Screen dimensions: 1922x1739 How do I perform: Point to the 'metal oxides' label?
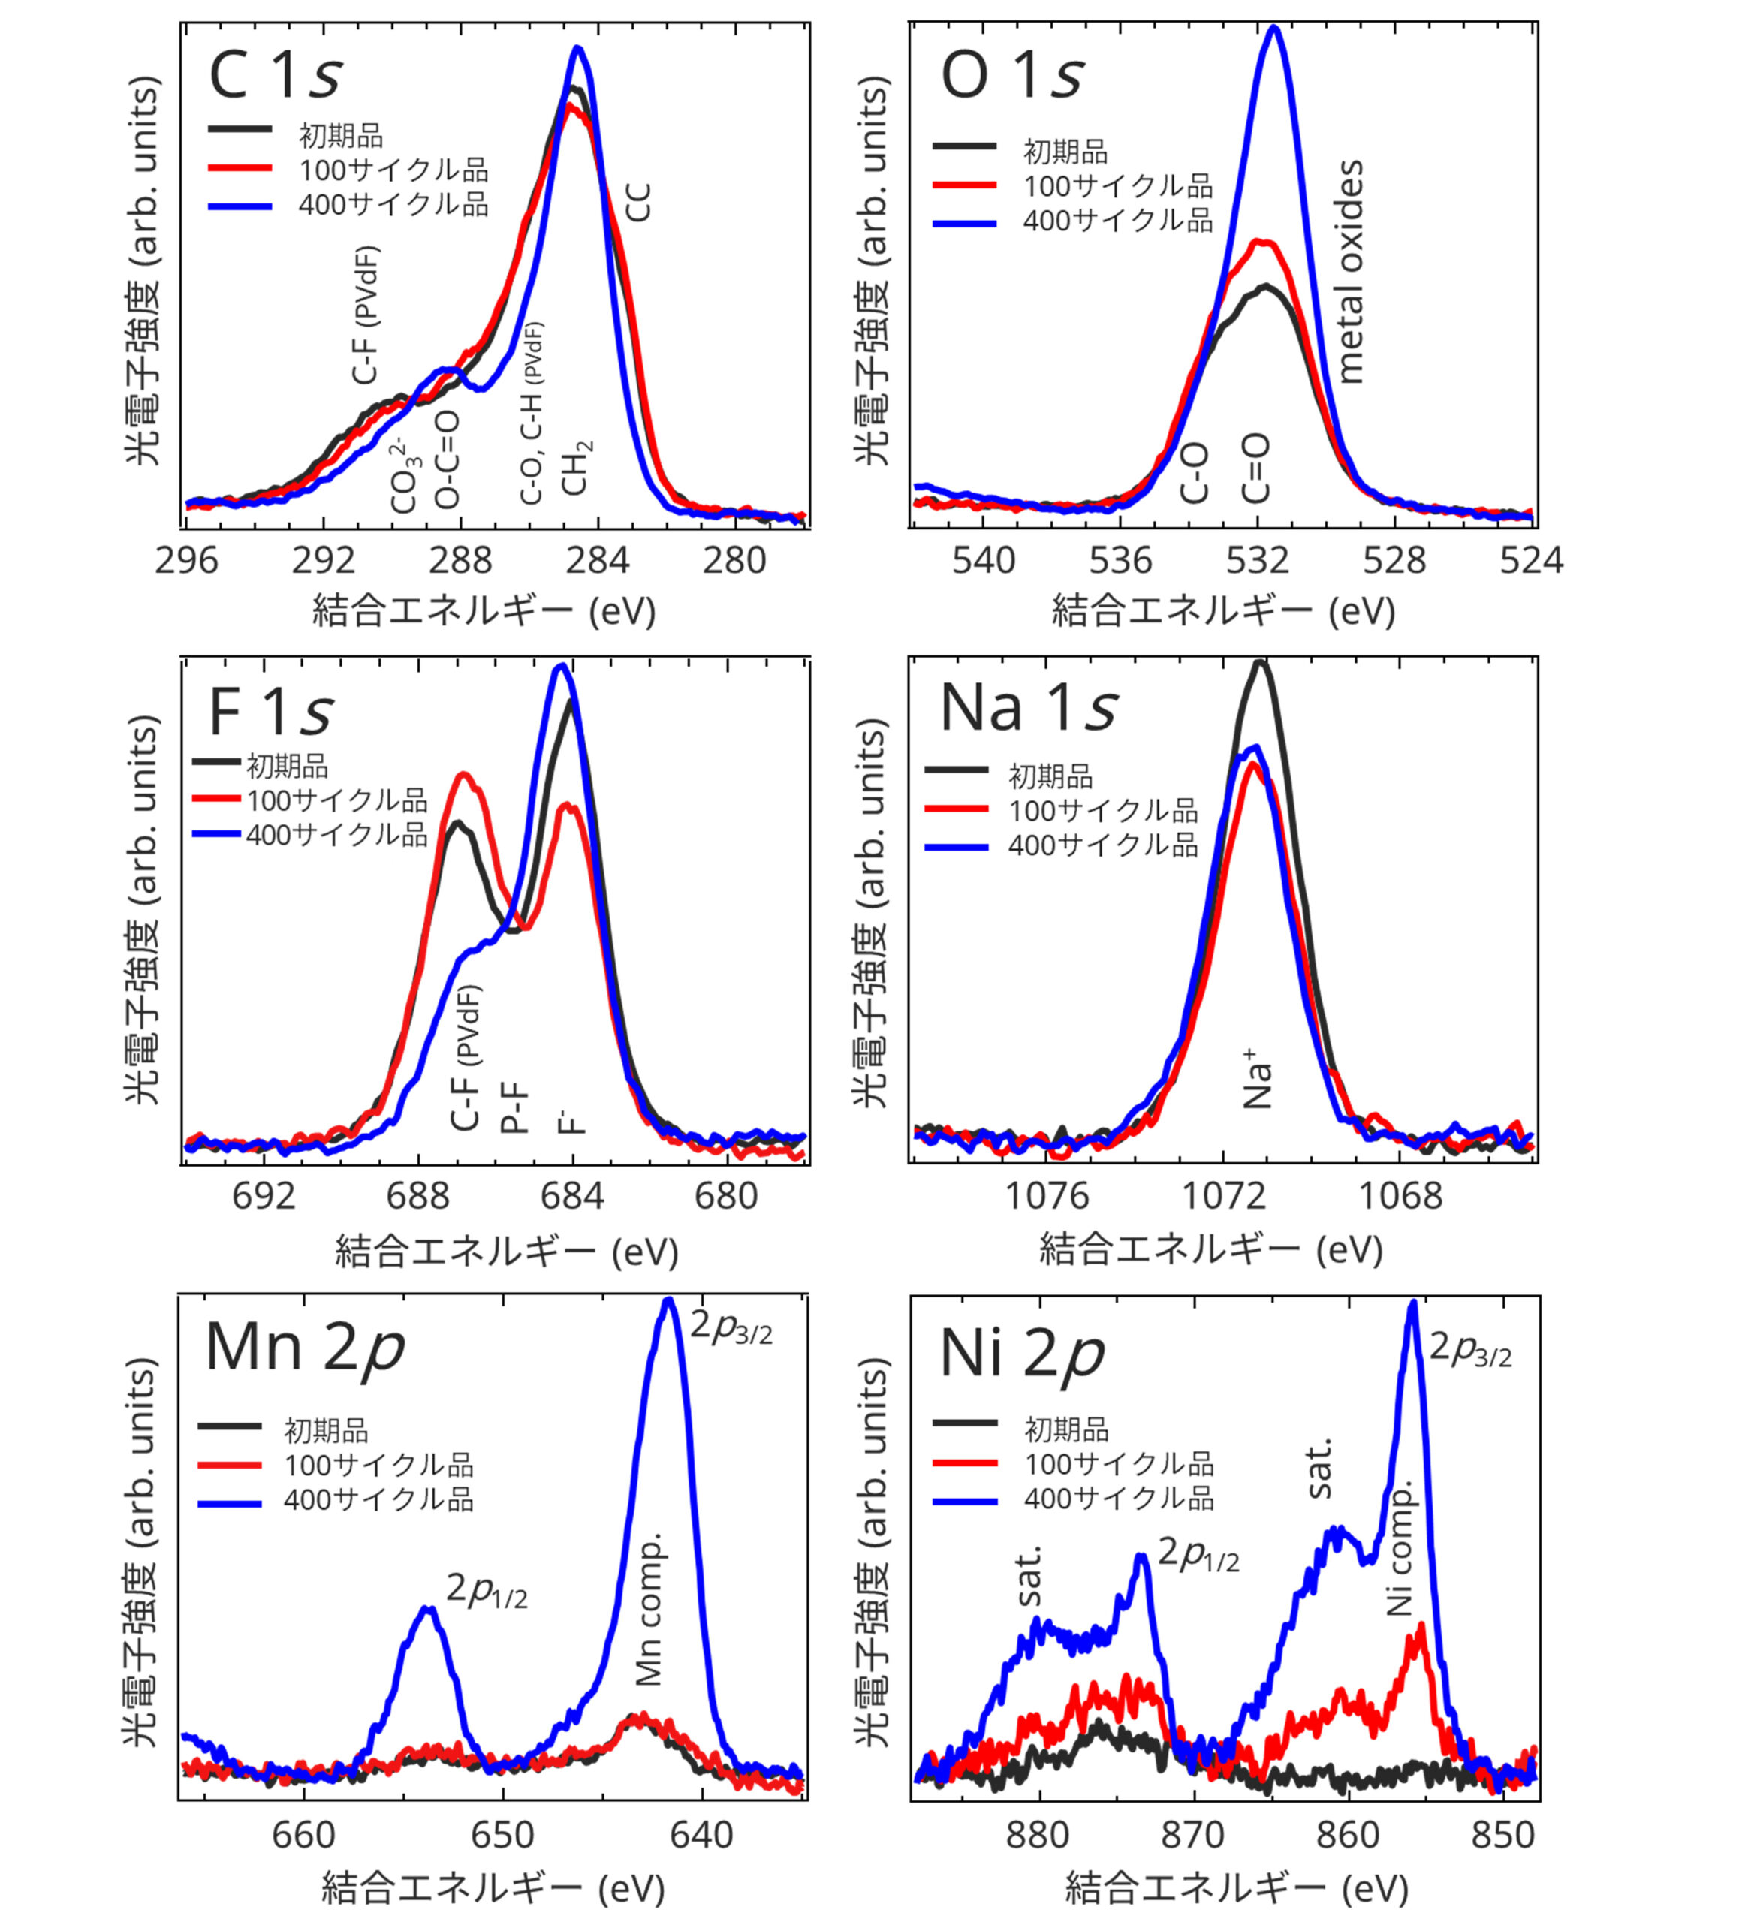click(1350, 273)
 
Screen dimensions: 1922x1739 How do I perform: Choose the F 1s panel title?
click(271, 711)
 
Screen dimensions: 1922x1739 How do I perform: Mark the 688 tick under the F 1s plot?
click(417, 1194)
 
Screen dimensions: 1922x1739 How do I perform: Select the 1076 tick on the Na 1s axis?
click(1047, 1194)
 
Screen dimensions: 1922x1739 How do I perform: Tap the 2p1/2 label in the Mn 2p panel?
click(487, 1589)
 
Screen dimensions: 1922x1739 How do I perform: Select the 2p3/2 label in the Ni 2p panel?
click(1470, 1349)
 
